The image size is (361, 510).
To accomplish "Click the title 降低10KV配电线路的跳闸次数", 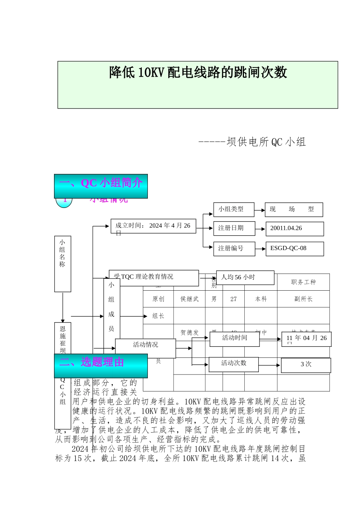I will [198, 72].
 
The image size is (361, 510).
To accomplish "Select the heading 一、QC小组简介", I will [101, 183].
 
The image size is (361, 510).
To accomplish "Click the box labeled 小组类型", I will [233, 209].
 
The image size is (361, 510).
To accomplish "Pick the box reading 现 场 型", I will [293, 209].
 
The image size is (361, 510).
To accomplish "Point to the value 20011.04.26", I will [294, 228].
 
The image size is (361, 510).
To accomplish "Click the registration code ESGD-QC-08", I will [294, 249].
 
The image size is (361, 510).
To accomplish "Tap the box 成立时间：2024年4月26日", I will [153, 226].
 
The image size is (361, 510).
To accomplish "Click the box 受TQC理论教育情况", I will [154, 277].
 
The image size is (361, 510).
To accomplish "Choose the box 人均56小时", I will [245, 277].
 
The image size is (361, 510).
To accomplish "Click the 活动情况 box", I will [145, 345].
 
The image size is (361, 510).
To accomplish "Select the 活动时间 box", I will [234, 338].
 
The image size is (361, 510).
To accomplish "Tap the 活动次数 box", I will [234, 364].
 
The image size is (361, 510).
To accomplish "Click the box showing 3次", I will [306, 365].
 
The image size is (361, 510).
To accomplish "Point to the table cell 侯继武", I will [189, 299].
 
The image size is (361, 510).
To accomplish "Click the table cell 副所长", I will [303, 299].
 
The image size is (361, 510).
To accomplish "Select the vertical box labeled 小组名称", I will [62, 264].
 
